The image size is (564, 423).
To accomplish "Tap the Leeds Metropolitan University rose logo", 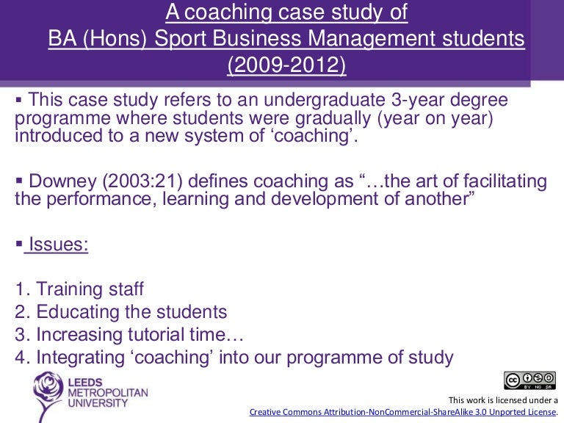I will (48, 395).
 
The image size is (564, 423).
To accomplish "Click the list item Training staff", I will (90, 289).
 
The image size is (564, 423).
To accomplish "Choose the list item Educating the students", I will (131, 311).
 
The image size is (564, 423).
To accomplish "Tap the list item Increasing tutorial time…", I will (140, 334).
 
